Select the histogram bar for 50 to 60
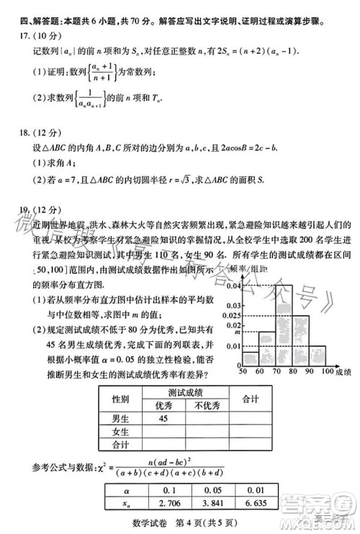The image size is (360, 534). [249, 356]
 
